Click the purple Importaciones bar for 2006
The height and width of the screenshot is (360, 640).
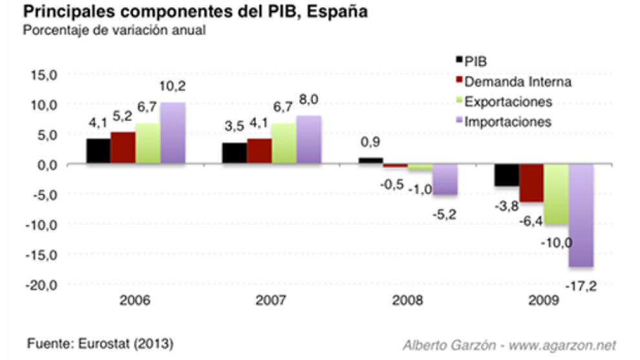[173, 133]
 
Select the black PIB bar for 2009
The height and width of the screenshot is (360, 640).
[506, 175]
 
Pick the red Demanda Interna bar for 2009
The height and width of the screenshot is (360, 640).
[531, 183]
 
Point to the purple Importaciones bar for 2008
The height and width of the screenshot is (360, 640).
[445, 180]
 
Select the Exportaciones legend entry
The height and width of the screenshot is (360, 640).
[508, 101]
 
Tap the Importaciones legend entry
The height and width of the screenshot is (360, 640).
[507, 122]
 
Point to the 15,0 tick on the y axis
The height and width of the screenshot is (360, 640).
[45, 75]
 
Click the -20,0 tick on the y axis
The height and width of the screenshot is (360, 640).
[42, 285]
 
